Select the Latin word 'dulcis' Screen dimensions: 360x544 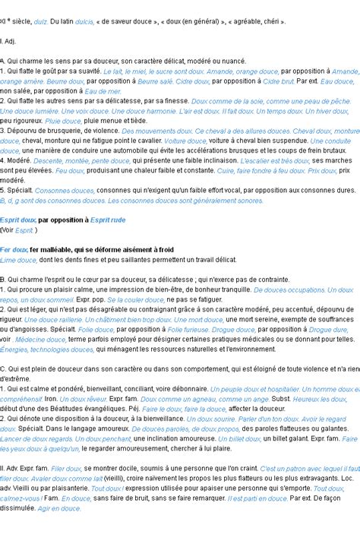point(84,22)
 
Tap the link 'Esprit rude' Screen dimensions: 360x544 point(108,220)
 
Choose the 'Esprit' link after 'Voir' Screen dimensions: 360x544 point(24,229)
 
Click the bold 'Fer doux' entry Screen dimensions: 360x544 point(14,249)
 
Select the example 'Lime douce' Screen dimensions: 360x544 point(19,259)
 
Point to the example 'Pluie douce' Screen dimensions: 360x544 point(63,120)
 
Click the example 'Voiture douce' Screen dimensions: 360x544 point(185,141)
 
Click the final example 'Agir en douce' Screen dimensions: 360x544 point(59,508)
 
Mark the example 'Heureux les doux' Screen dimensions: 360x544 point(320,398)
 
